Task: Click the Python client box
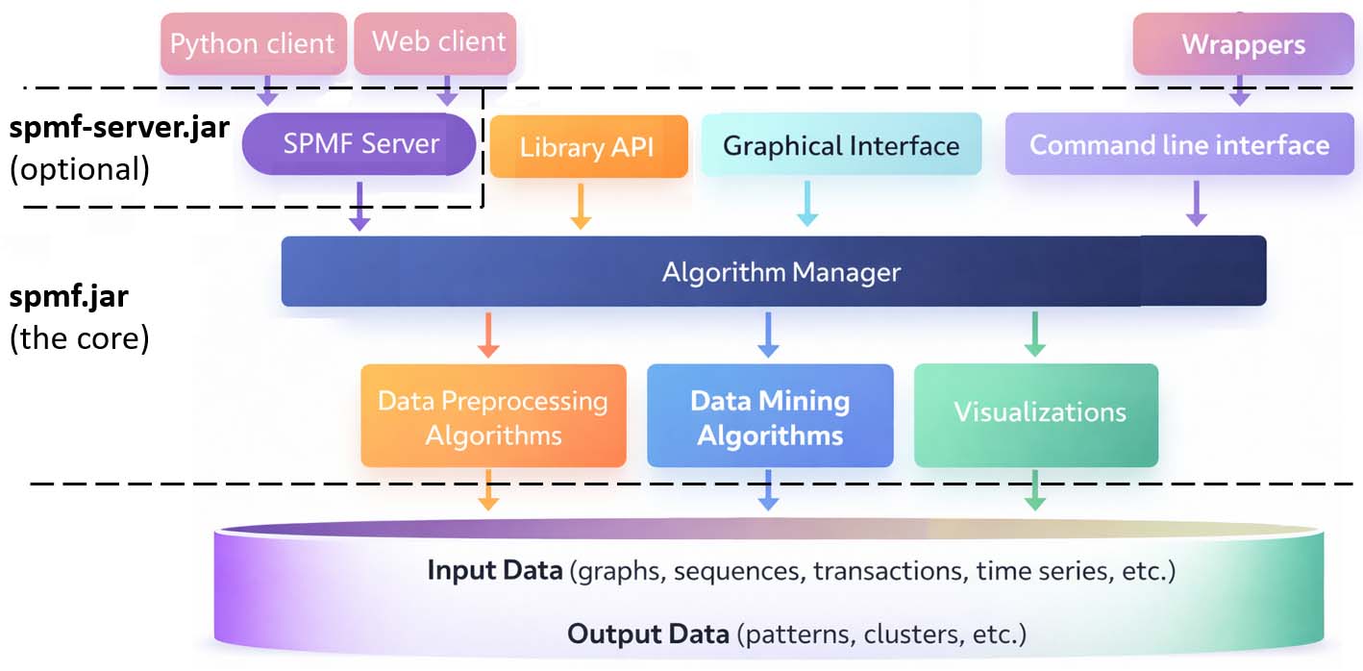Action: point(253,43)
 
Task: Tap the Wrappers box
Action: point(1243,44)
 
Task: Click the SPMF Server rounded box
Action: point(359,144)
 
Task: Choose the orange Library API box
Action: point(588,147)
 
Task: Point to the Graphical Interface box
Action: point(841,145)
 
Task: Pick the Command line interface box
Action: point(1178,145)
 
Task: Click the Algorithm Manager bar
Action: point(773,272)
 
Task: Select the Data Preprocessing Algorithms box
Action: point(493,416)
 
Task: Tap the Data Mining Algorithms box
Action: point(770,417)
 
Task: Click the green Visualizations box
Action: point(1036,414)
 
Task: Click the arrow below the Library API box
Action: point(581,207)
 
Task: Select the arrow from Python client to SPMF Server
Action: point(268,91)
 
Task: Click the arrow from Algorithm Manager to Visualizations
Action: point(1034,335)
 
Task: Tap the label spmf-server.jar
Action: point(119,128)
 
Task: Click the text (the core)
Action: point(79,338)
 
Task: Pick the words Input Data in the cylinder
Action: point(494,571)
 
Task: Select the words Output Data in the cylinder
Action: point(649,634)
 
